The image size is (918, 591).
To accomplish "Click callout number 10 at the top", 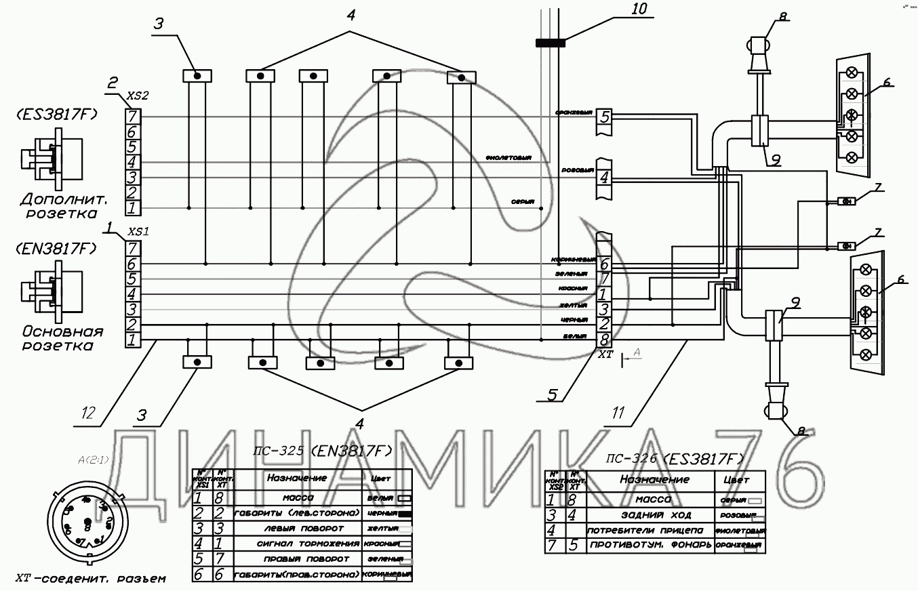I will click(x=639, y=9).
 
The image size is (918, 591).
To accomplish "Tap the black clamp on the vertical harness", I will click(x=551, y=43).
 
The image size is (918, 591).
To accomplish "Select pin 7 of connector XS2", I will click(x=134, y=117).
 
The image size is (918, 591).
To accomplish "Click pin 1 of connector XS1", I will click(x=134, y=339).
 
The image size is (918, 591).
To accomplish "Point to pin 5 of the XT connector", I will click(x=604, y=117).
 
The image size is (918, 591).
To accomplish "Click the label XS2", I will click(x=138, y=97).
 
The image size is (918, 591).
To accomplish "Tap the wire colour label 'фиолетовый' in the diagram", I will click(x=508, y=157).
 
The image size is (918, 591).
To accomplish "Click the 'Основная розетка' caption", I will click(x=62, y=339).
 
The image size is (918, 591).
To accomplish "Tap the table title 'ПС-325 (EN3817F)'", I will click(x=322, y=451).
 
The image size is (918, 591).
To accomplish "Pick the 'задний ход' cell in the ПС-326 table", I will click(x=646, y=515).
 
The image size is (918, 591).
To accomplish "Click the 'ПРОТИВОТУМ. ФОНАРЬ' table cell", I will click(x=650, y=546).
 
